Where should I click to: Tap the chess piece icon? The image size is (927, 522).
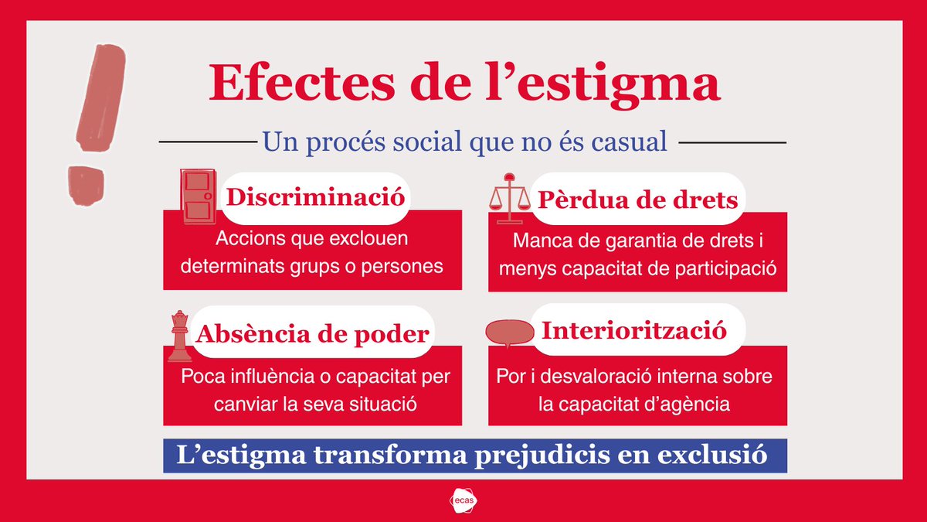coord(180,337)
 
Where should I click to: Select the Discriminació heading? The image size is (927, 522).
coord(314,196)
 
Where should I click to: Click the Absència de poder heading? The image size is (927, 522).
coord(312,334)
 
